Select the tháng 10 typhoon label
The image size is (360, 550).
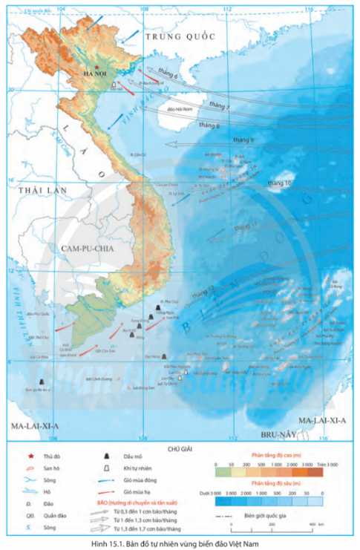(279, 182)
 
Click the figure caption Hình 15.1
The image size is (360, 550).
(180, 543)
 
